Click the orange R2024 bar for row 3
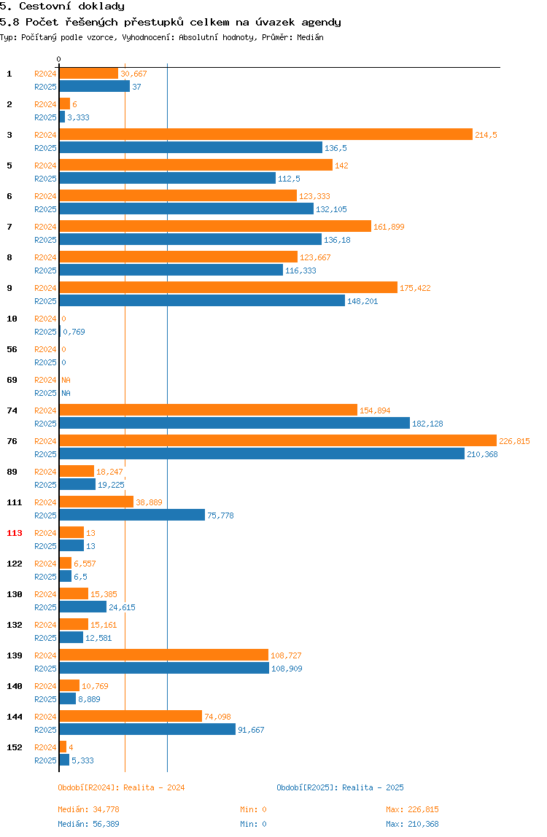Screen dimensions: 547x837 pyautogui.click(x=266, y=134)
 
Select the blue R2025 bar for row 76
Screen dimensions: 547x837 pyautogui.click(x=262, y=453)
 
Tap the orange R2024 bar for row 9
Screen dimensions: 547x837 pyautogui.click(x=228, y=288)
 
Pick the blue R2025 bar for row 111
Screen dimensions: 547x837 pyautogui.click(x=132, y=515)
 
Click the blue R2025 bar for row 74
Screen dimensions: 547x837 pyautogui.click(x=235, y=424)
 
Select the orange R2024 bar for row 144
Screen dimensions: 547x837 pyautogui.click(x=131, y=717)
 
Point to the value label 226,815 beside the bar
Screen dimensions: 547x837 pyautogui.click(x=514, y=441)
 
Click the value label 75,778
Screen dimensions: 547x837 pyautogui.click(x=220, y=515)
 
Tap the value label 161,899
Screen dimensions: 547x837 pyautogui.click(x=389, y=227)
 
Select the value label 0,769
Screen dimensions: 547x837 pyautogui.click(x=74, y=332)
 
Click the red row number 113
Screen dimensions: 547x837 pyautogui.click(x=15, y=533)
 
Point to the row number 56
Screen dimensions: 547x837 pyautogui.click(x=12, y=350)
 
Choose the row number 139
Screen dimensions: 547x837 pyautogui.click(x=15, y=655)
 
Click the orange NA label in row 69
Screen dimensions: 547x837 pyautogui.click(x=66, y=380)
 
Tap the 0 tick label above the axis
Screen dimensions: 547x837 pyautogui.click(x=59, y=59)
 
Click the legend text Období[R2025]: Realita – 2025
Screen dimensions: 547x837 pyautogui.click(x=341, y=787)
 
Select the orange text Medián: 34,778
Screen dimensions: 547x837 pyautogui.click(x=89, y=810)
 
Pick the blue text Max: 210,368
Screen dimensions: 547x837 pyautogui.click(x=412, y=824)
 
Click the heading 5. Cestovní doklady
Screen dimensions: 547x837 pyautogui.click(x=62, y=7)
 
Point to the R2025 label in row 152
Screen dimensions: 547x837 pyautogui.click(x=45, y=760)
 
